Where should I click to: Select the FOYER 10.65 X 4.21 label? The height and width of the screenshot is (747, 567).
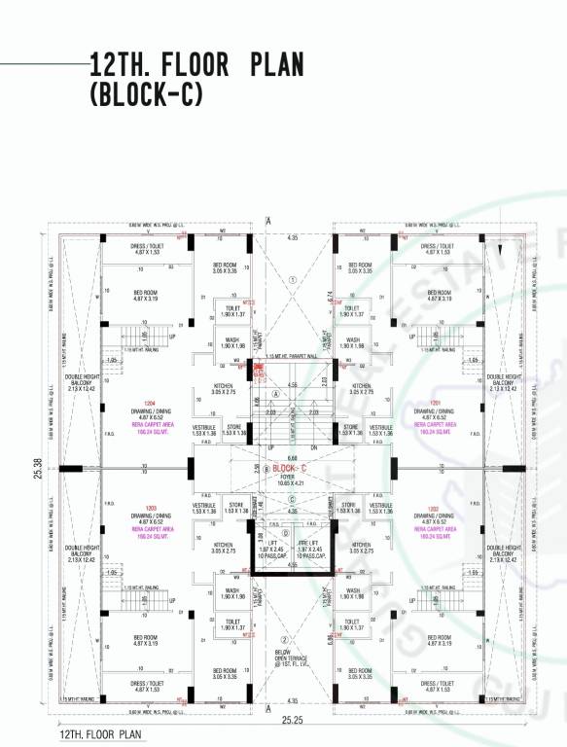pyautogui.click(x=291, y=480)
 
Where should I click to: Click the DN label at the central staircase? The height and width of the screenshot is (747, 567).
pyautogui.click(x=315, y=448)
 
